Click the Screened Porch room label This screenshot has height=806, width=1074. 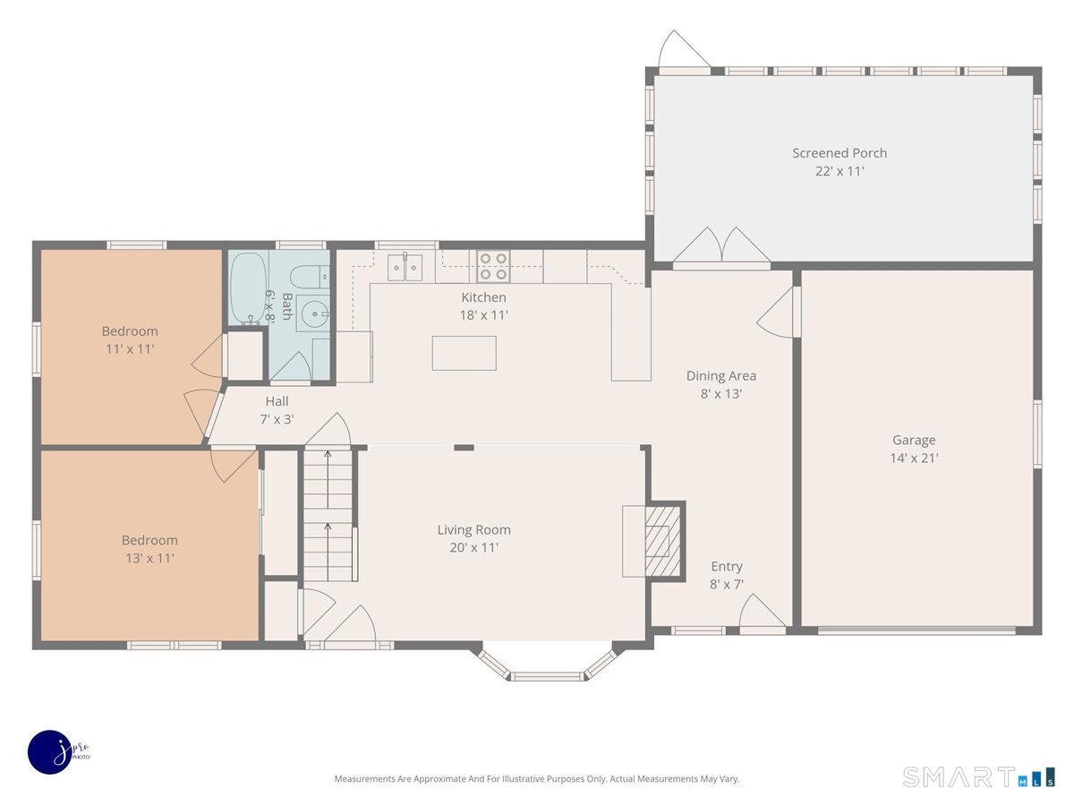(x=839, y=153)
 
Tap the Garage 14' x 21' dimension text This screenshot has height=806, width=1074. (x=914, y=458)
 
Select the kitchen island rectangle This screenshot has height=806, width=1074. (x=464, y=353)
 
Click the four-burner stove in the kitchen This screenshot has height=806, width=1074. (x=493, y=266)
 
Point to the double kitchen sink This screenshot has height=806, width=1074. (x=405, y=268)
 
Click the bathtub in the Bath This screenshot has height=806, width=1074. (x=249, y=287)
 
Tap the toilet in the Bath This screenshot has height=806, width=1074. (x=310, y=278)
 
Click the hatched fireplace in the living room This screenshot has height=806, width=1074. (x=662, y=540)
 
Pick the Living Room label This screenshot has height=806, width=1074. (x=473, y=529)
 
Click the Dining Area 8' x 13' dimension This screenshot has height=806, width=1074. (x=721, y=394)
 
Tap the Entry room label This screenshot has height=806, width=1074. (x=727, y=566)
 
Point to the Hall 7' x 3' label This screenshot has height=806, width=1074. (x=277, y=410)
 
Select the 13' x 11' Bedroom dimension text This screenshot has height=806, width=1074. (x=149, y=558)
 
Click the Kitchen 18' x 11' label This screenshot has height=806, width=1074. (x=483, y=306)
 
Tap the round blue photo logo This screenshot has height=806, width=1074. (x=51, y=752)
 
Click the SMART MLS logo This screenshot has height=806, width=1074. (x=978, y=776)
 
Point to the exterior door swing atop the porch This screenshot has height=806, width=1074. (x=685, y=49)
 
